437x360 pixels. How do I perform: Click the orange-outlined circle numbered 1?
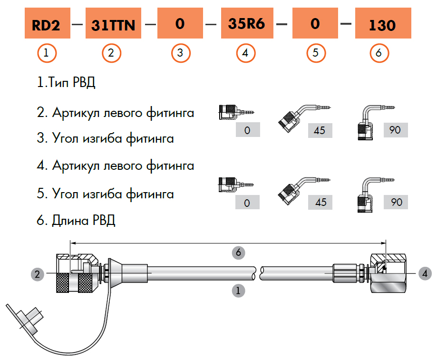coord(46,53)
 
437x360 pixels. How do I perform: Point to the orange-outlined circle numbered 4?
coord(245,53)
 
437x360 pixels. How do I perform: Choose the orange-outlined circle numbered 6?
coord(379,53)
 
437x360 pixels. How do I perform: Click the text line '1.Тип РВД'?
coord(66,83)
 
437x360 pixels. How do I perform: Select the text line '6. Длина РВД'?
coord(76,221)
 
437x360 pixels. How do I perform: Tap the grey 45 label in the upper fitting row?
coord(320,130)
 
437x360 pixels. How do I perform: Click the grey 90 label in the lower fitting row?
coord(396,202)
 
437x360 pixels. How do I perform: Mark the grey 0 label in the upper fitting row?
coord(247,130)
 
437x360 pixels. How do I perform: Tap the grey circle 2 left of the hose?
coord(38,273)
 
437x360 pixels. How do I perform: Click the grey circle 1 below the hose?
coord(236,290)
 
